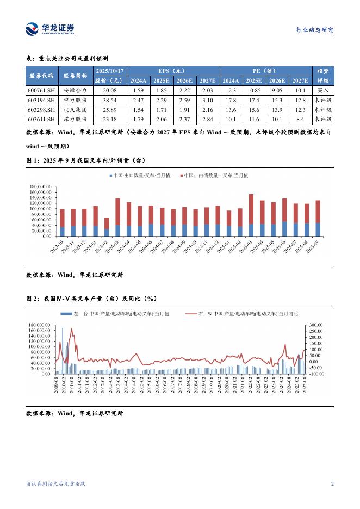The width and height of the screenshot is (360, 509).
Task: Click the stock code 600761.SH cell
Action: pos(41,91)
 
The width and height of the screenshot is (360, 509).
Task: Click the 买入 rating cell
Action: pos(322,91)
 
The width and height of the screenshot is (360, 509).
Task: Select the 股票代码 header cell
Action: pos(41,76)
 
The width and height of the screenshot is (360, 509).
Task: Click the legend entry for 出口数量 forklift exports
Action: pos(140,176)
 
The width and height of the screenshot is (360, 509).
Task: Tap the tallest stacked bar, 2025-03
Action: pos(251,215)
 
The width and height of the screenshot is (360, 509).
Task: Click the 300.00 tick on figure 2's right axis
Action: pos(316,325)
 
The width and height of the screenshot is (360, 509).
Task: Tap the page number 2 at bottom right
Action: pos(332,484)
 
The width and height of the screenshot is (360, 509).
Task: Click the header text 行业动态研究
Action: pos(314,30)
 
